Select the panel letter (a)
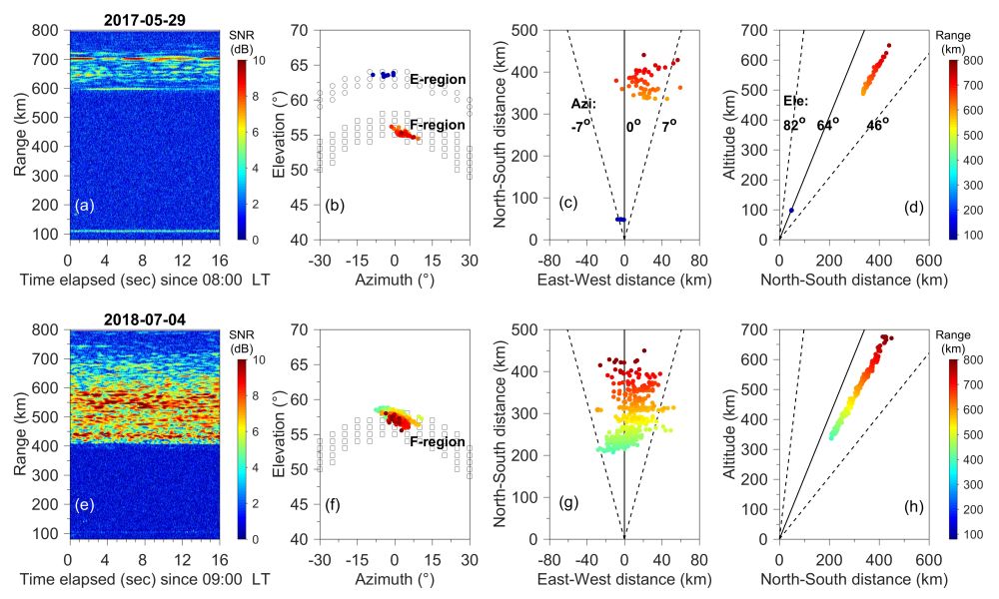click(84, 206)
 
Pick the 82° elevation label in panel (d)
click(793, 126)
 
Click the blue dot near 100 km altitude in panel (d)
click(791, 210)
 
